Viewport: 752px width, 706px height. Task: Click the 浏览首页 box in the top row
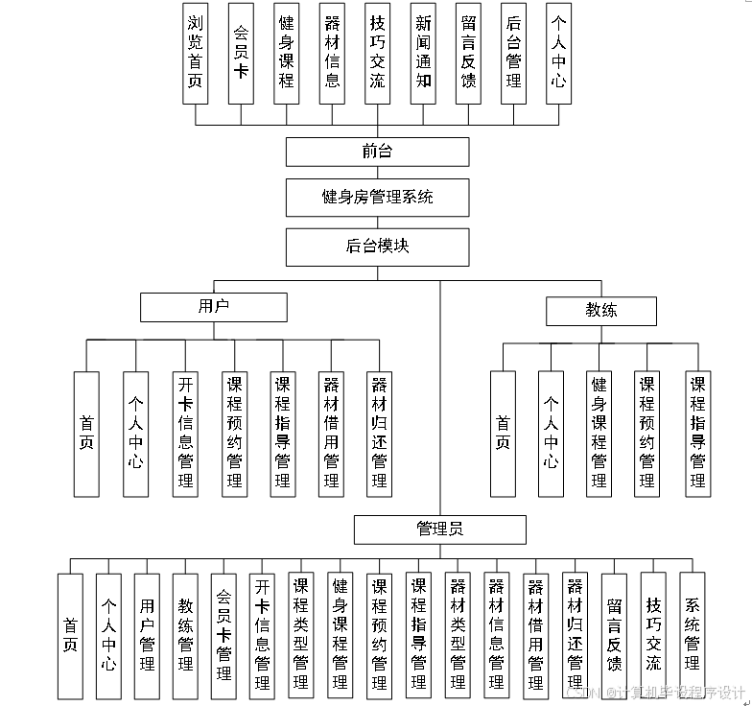[196, 53]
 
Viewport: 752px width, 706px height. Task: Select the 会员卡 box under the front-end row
[241, 53]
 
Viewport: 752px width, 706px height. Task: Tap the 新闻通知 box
[423, 53]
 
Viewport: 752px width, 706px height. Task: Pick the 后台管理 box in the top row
[514, 53]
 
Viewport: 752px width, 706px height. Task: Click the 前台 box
[377, 152]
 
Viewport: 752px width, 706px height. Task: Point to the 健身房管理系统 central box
[377, 197]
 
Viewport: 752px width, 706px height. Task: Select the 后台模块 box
[377, 247]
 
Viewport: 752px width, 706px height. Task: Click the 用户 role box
[213, 307]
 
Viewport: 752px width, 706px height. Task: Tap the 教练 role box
[601, 311]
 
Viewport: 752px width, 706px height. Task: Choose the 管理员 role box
[440, 529]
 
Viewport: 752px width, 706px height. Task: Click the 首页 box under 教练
[503, 434]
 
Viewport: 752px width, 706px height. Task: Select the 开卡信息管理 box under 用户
[185, 434]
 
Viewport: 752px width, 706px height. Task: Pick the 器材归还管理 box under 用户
[380, 434]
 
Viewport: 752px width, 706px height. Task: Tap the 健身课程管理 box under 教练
[599, 434]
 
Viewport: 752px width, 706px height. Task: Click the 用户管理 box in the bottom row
[147, 635]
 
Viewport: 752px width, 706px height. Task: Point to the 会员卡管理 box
[223, 635]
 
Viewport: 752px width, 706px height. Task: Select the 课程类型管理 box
[301, 635]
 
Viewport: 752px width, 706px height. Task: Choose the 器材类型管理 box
[458, 635]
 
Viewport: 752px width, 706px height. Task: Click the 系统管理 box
[692, 635]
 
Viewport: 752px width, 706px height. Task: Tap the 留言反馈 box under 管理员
[614, 635]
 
